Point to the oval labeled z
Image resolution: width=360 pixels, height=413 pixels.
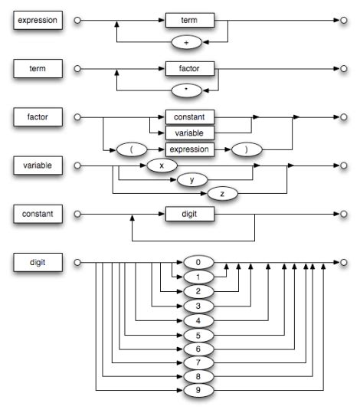coord(222,195)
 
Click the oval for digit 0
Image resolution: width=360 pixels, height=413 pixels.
coord(198,263)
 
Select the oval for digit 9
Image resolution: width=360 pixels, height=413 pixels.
coord(198,391)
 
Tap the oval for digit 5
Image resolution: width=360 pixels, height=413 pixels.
coord(198,334)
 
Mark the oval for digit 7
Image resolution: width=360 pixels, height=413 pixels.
coord(198,362)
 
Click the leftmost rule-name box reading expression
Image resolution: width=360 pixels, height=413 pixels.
coord(36,19)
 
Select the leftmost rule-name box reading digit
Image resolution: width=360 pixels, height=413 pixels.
coord(36,263)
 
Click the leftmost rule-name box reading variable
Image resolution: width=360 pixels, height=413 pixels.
coord(36,166)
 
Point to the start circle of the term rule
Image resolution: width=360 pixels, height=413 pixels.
coord(76,69)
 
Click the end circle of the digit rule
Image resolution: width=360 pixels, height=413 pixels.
coord(344,263)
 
